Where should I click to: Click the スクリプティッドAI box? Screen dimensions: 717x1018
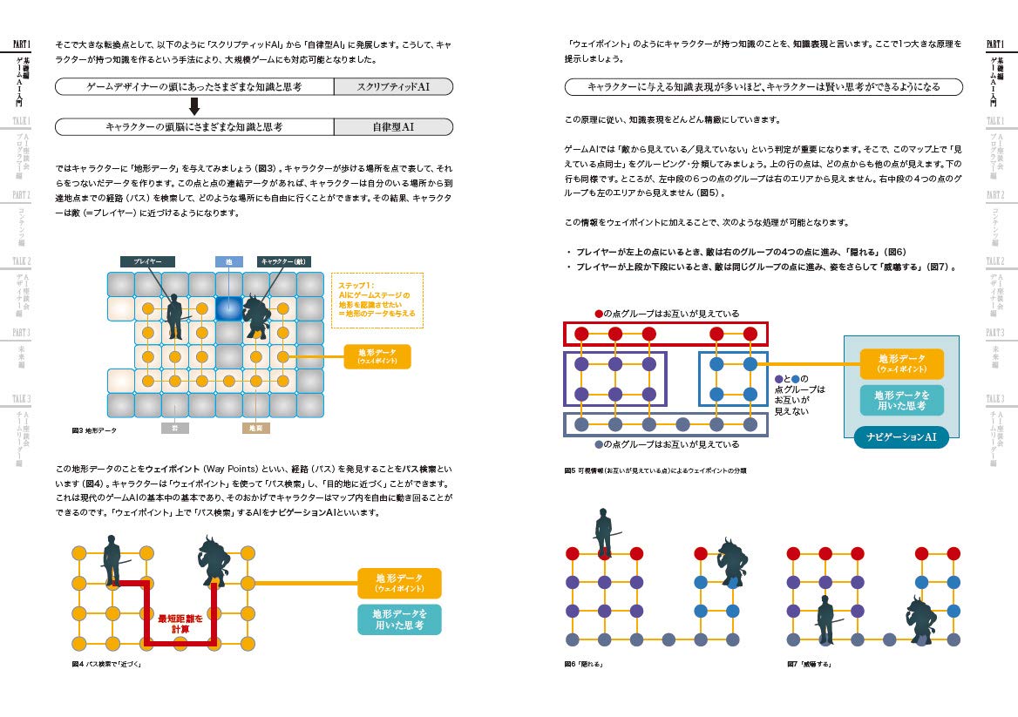(393, 86)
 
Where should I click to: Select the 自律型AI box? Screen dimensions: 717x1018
(393, 126)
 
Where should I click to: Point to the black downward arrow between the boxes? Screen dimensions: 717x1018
(195, 106)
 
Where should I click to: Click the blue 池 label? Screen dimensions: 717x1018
(228, 261)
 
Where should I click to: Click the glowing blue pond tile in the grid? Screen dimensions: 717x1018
(228, 308)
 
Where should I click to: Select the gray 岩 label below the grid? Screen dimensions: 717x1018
(174, 429)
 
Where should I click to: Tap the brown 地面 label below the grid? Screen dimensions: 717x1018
(255, 429)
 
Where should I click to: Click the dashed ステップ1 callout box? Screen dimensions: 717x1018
(377, 301)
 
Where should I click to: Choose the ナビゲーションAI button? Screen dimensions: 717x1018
(901, 436)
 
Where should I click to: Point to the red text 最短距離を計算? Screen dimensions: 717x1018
(180, 624)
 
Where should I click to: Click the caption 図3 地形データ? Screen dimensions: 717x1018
(94, 430)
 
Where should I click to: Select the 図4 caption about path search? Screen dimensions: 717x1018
(106, 664)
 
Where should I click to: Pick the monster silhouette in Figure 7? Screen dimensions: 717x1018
(920, 619)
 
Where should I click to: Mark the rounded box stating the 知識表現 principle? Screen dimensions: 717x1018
(763, 87)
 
